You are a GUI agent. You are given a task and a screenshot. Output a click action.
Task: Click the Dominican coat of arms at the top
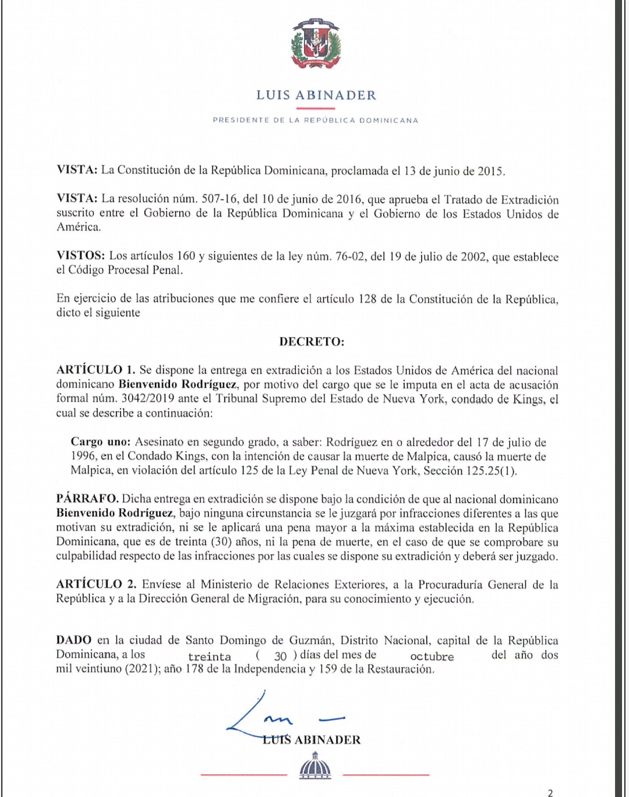(x=315, y=44)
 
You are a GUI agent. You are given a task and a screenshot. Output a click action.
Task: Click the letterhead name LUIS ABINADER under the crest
(x=316, y=95)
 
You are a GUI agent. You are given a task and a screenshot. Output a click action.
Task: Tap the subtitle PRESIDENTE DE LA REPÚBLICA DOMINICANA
(x=316, y=121)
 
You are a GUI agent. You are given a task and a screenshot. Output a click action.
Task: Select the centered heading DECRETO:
(x=312, y=342)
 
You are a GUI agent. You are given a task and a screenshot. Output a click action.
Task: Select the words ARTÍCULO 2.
(x=96, y=585)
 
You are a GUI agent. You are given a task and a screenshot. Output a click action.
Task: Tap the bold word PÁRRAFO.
(x=87, y=499)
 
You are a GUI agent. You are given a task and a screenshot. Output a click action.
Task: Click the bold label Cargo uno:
(x=101, y=442)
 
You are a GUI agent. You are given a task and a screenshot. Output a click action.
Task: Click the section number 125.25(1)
(x=491, y=471)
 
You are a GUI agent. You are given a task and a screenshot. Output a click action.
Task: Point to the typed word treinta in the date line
(x=210, y=657)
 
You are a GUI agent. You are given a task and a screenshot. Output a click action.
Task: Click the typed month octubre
(x=432, y=657)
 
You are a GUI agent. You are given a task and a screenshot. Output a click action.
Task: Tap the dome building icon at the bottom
(x=315, y=766)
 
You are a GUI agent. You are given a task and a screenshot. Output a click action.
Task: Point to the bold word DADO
(x=74, y=640)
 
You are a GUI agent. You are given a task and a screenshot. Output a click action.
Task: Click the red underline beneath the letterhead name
(x=316, y=108)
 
